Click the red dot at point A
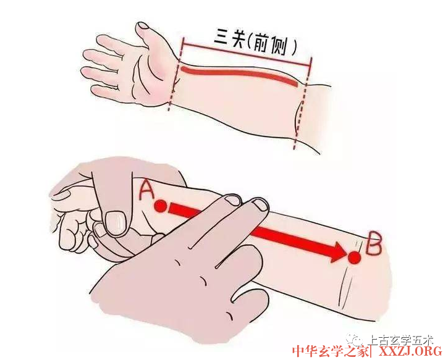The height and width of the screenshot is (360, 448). (x=161, y=206)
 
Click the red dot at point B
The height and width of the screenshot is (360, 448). (x=355, y=257)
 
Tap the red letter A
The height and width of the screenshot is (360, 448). (x=146, y=190)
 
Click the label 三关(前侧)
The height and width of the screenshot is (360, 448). (x=255, y=43)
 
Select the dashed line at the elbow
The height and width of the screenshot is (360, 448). (x=303, y=103)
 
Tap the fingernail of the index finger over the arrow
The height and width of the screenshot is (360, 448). (x=232, y=201)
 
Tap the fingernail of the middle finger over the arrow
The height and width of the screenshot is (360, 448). (x=260, y=204)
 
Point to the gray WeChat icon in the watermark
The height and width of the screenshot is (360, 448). (x=355, y=340)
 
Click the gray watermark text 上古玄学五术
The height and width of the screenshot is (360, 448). (x=400, y=340)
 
